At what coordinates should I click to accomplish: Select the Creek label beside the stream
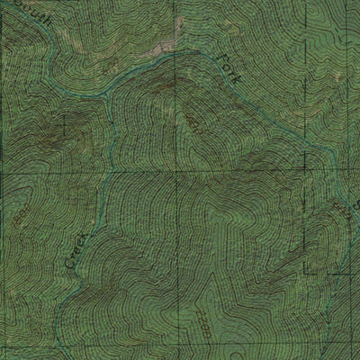click(x=76, y=252)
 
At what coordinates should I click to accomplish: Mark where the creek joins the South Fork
click(x=109, y=94)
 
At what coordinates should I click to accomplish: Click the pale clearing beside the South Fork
click(x=164, y=48)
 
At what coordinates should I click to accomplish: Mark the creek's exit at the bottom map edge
click(x=56, y=357)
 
